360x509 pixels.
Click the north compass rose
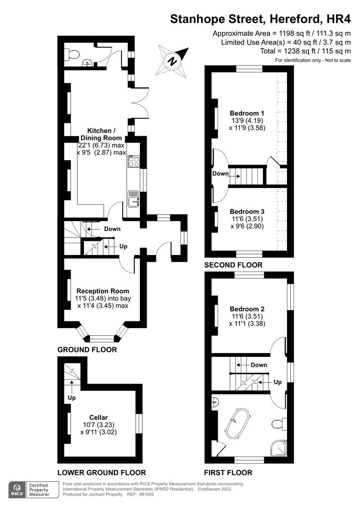coord(172,60)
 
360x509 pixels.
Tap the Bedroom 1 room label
coord(247,113)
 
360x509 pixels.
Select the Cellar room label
coord(98,418)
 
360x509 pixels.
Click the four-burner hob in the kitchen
coord(133,162)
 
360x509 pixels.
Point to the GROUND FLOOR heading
coord(87,350)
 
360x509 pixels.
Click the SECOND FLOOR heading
coord(233,265)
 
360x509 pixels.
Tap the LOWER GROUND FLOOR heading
coord(101,472)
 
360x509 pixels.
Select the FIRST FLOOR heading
coord(228,472)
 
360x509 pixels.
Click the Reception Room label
coord(103,291)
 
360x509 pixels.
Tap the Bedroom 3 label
coord(247,212)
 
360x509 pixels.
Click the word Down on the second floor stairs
coord(221,173)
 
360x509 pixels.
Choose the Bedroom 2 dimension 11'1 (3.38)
coord(246,324)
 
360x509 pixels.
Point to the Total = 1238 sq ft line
coord(305,51)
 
